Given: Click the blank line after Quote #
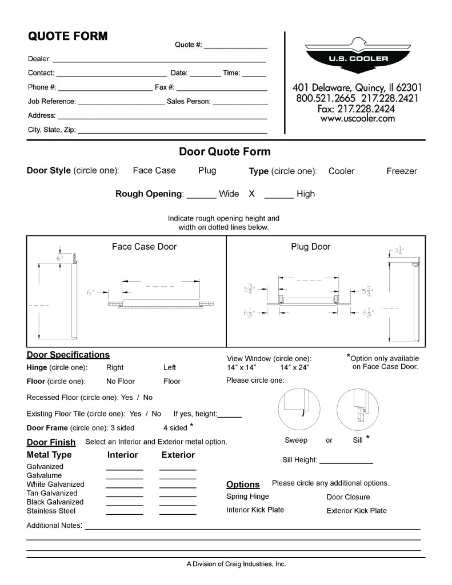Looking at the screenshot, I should pyautogui.click(x=235, y=46).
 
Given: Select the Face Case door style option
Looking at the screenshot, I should pyautogui.click(x=154, y=170).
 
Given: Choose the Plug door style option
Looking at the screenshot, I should pyautogui.click(x=207, y=170).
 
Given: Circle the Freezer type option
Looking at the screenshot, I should pyautogui.click(x=402, y=171).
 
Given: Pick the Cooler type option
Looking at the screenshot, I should pyautogui.click(x=342, y=171).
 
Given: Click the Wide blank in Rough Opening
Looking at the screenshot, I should pyautogui.click(x=201, y=194).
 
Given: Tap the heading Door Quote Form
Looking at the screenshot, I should pyautogui.click(x=225, y=152).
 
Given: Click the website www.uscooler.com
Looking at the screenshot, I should pyautogui.click(x=357, y=119).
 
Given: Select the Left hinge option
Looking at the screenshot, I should pyautogui.click(x=170, y=367).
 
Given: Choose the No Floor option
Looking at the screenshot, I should pyautogui.click(x=121, y=381).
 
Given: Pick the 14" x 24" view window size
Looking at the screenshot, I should pyautogui.click(x=295, y=367).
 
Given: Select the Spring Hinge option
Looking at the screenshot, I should pyautogui.click(x=247, y=496).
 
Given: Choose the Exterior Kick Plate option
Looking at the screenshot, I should pyautogui.click(x=357, y=511).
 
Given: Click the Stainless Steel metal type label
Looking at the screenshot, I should pyautogui.click(x=51, y=511).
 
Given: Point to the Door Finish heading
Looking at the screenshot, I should pyautogui.click(x=51, y=442).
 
